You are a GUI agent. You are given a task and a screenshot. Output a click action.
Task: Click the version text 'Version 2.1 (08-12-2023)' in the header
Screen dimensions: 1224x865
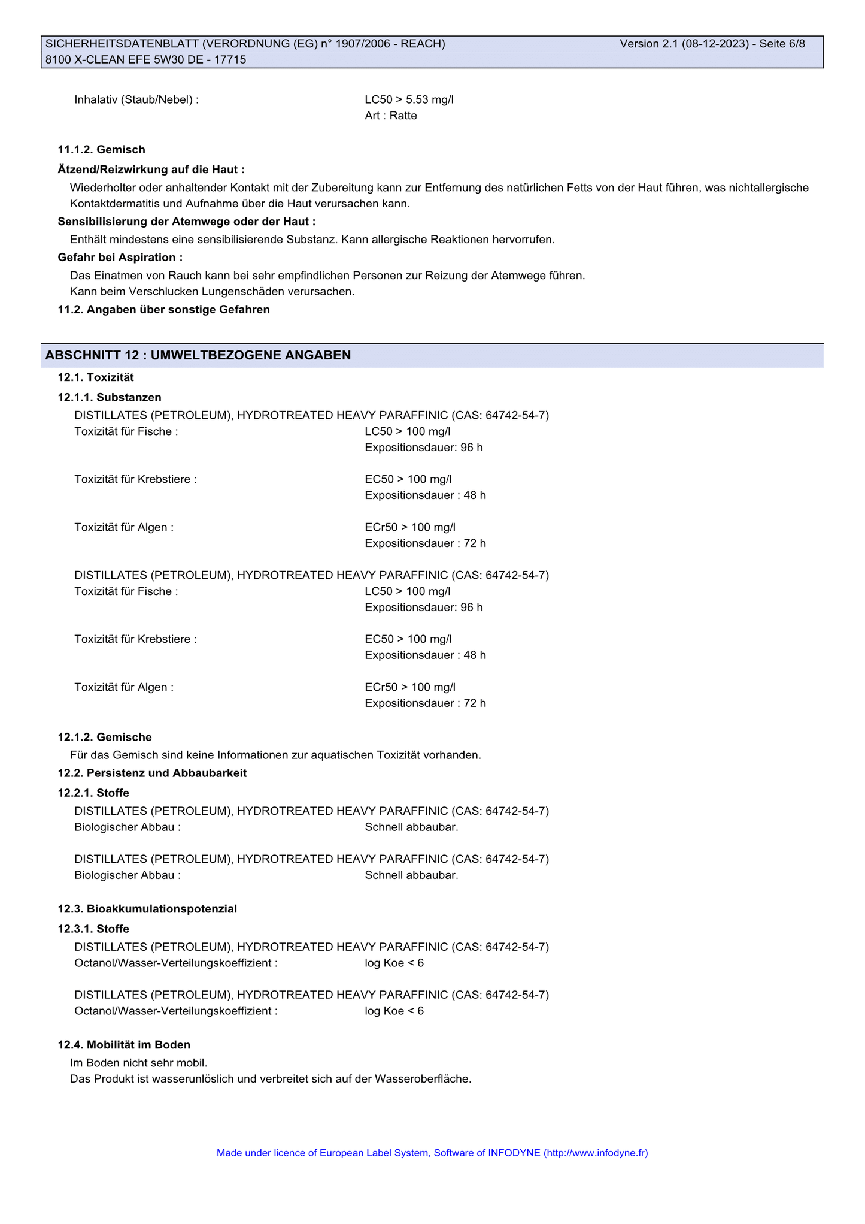(x=684, y=44)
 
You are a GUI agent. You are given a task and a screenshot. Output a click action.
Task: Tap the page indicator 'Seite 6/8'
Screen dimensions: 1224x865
(x=782, y=44)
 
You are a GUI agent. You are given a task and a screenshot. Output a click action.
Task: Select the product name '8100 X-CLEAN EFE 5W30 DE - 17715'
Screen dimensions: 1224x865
(x=145, y=59)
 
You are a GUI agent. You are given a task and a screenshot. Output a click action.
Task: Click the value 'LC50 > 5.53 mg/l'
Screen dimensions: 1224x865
(x=409, y=99)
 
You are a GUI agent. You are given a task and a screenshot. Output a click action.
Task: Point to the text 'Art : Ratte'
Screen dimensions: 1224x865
(x=390, y=116)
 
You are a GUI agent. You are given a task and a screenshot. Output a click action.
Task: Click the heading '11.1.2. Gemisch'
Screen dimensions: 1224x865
(x=101, y=149)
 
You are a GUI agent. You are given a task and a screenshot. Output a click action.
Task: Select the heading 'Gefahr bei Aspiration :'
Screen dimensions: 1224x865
(x=120, y=257)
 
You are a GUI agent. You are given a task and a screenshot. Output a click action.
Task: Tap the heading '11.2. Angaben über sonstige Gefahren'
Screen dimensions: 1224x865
(x=163, y=309)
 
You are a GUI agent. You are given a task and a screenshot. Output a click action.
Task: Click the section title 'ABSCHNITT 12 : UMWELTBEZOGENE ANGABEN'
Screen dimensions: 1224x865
(x=198, y=355)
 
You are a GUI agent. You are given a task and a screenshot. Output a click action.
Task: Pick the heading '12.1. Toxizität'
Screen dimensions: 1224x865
(x=96, y=377)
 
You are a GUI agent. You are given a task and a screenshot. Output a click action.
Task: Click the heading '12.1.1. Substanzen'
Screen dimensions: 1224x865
(x=110, y=397)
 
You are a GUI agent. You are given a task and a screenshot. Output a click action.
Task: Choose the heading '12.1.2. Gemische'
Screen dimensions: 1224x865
(x=105, y=737)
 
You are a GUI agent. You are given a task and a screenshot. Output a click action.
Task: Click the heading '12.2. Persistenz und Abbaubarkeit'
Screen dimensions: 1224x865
(x=152, y=773)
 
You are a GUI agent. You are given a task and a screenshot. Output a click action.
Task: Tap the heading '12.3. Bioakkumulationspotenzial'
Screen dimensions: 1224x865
(x=147, y=909)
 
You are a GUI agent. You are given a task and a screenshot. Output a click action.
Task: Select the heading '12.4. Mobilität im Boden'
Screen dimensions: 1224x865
(x=124, y=1045)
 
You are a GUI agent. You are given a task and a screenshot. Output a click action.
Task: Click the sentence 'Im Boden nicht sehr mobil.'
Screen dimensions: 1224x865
(x=138, y=1063)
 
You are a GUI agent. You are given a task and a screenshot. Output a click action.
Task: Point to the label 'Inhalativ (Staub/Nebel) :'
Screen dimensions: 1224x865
(x=136, y=99)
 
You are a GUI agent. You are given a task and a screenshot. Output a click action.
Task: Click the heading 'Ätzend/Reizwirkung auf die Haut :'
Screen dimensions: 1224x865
(x=151, y=170)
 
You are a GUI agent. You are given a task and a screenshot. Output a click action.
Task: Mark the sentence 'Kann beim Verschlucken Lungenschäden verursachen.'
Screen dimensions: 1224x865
(x=212, y=292)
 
